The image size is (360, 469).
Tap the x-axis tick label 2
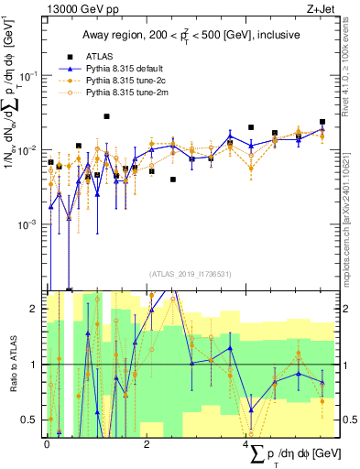147,443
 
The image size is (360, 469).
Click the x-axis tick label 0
48,443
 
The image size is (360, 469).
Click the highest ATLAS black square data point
107,116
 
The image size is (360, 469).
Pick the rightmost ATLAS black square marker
322,122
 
